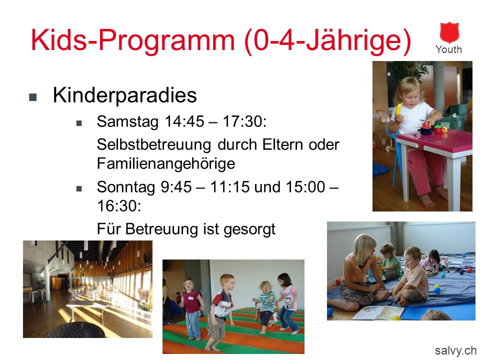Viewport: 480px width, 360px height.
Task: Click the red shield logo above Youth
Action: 449,32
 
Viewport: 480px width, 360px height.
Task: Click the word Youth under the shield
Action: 449,49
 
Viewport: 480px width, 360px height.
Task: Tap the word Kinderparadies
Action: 124,95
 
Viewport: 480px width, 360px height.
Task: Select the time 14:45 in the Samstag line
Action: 184,121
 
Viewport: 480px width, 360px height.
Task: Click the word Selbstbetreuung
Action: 154,144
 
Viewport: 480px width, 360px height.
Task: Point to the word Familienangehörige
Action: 166,163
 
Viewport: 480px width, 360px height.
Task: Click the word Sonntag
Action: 126,187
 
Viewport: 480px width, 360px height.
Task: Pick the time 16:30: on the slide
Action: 119,205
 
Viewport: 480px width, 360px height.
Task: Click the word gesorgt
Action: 249,229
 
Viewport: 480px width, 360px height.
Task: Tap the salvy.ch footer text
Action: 455,350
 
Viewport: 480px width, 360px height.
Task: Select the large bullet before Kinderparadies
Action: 33,97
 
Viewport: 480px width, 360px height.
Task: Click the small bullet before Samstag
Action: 79,123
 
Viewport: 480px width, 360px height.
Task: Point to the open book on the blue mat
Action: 378,313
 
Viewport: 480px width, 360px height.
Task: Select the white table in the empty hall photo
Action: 86,306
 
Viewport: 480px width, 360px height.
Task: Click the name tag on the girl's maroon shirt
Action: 190,298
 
